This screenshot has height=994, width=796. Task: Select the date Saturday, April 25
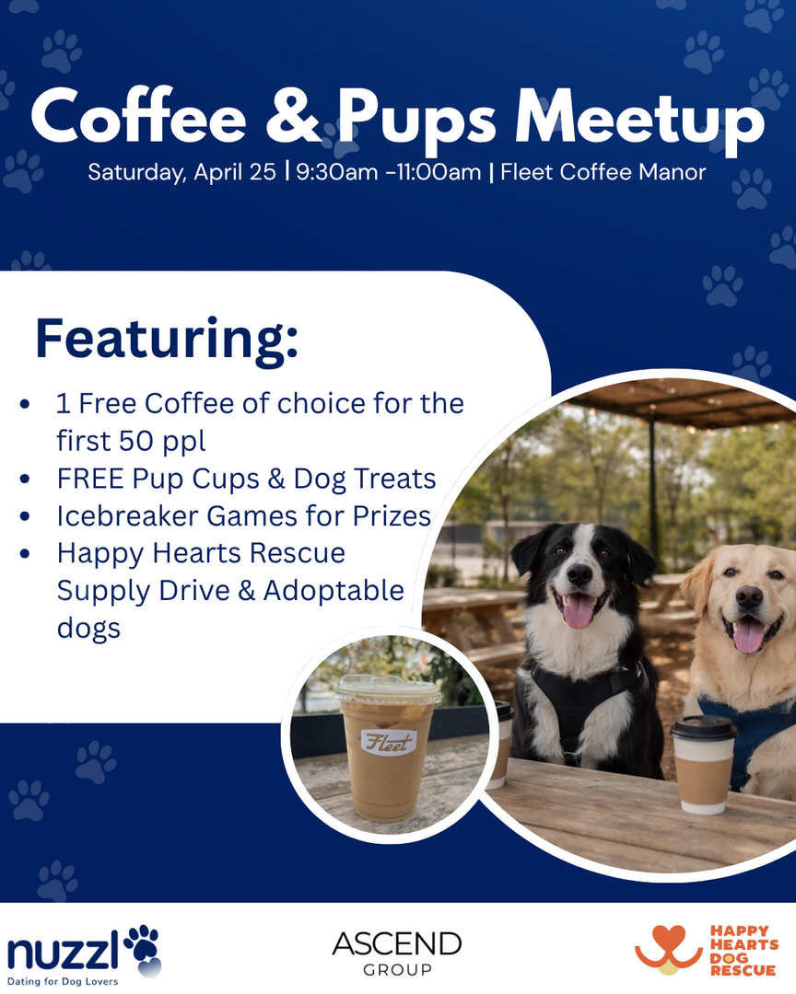[181, 172]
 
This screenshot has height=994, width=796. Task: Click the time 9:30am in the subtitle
[336, 172]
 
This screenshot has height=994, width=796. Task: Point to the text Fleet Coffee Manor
[603, 172]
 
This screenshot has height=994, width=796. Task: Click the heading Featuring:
[167, 339]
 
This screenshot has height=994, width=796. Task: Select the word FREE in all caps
[91, 479]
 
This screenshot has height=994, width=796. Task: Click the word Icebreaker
[127, 516]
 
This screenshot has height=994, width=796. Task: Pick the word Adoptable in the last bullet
[334, 591]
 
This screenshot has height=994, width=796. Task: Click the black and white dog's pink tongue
[579, 611]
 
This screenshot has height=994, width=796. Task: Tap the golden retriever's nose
[749, 596]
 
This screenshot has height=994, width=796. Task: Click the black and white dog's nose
[579, 574]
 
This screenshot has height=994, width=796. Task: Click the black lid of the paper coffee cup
[703, 727]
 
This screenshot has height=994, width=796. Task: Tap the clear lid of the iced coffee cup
[388, 688]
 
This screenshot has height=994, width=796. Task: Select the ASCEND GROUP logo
[397, 953]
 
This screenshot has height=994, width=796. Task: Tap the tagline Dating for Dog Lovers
[63, 981]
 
